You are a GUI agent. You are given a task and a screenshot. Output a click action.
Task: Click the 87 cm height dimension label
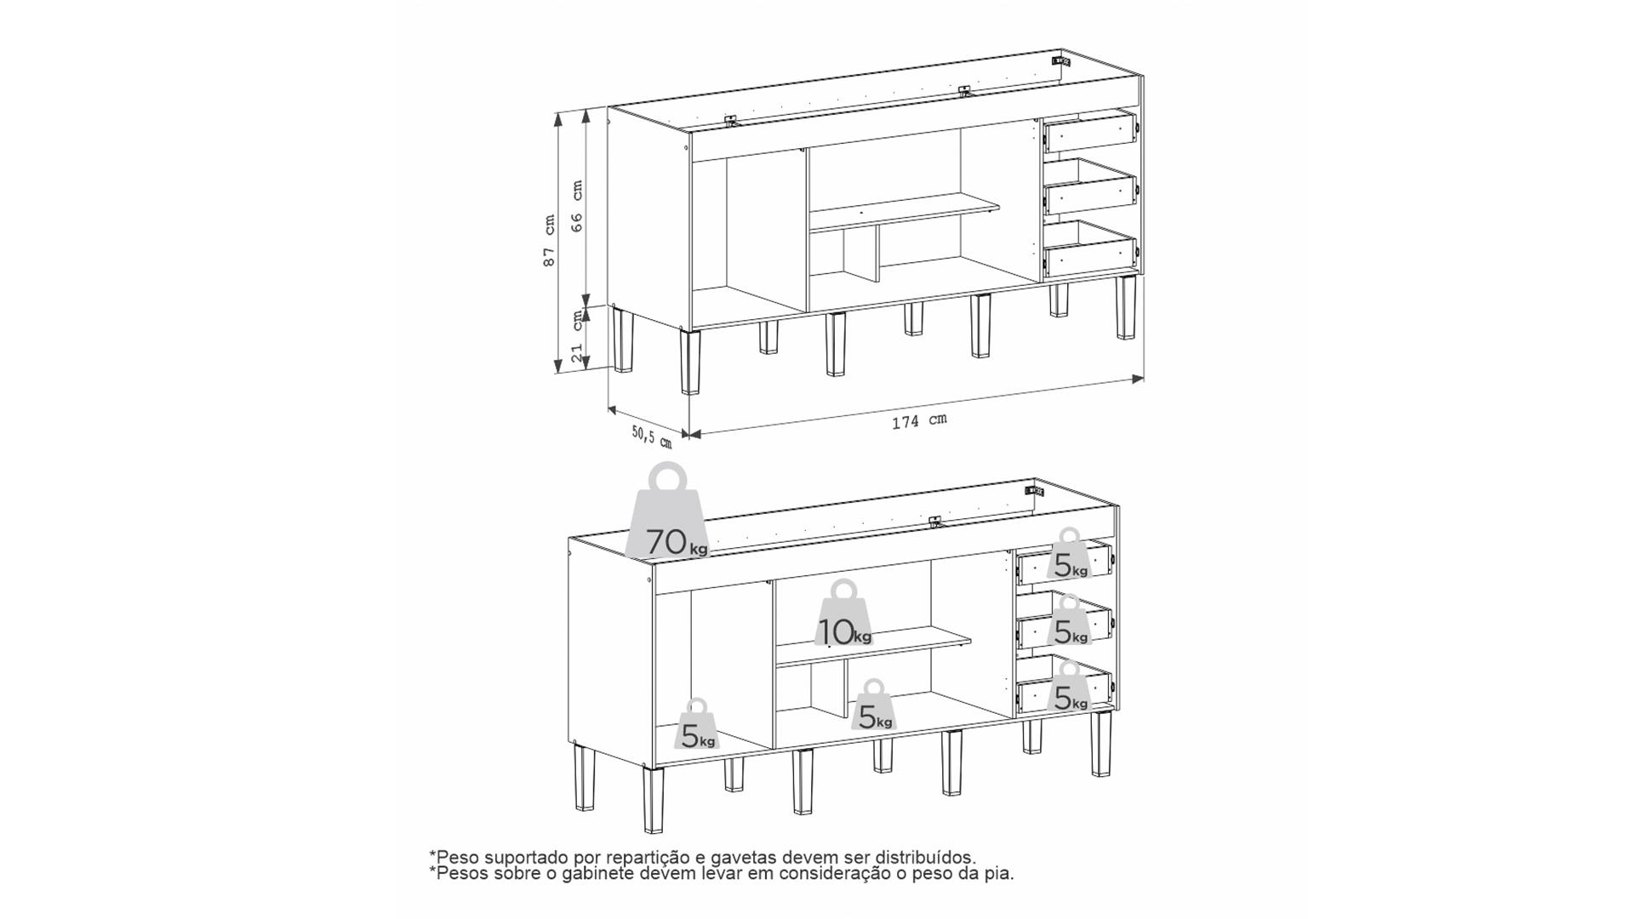click(550, 241)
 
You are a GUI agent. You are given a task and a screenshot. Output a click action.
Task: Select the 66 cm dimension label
click(577, 206)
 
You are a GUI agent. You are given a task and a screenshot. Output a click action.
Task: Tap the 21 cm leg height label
click(577, 337)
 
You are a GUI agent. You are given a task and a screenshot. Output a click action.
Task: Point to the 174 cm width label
click(919, 420)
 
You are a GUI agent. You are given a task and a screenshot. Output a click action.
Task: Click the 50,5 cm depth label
click(652, 437)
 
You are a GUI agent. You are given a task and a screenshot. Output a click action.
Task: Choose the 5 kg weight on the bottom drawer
click(1071, 687)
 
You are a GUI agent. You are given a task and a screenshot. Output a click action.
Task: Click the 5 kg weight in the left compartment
click(698, 725)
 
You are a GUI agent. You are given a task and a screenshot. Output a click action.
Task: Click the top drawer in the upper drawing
click(1090, 133)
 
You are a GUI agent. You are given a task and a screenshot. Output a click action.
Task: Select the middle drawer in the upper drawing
click(1090, 188)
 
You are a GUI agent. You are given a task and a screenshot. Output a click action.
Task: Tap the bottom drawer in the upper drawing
click(1090, 249)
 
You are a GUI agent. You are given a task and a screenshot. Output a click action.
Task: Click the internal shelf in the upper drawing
click(904, 213)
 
